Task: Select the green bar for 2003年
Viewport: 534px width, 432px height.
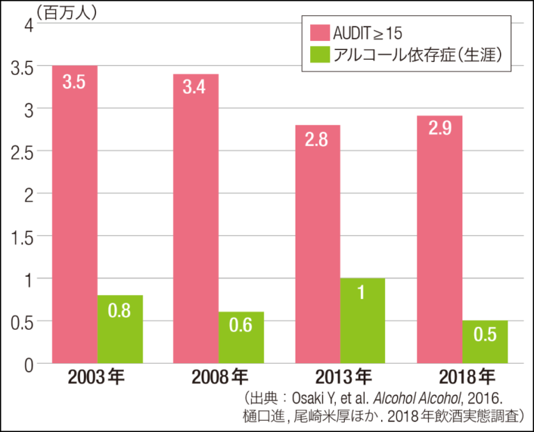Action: click(120, 329)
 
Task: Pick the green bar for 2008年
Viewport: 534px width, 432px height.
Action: click(241, 337)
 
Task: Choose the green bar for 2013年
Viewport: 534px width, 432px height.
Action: click(362, 321)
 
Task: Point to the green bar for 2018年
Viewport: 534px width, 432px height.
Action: click(485, 342)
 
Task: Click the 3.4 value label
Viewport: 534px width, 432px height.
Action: click(195, 88)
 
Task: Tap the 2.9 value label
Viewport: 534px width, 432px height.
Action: click(439, 129)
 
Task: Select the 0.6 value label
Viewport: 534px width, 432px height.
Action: click(241, 326)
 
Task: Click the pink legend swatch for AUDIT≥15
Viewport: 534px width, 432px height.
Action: click(320, 33)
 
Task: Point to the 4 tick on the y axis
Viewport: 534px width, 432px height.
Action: click(29, 24)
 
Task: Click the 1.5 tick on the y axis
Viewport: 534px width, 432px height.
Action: click(24, 236)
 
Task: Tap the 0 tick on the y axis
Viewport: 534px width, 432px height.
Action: click(29, 363)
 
